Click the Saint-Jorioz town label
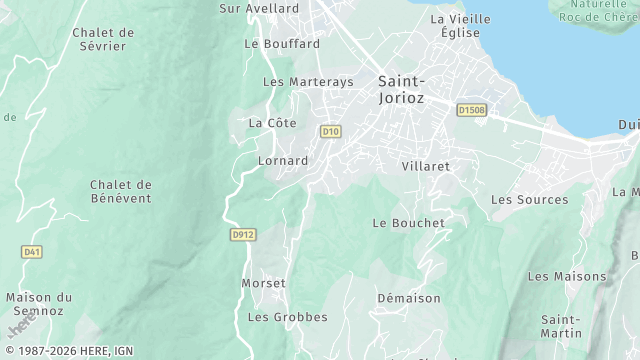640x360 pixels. tap(402, 90)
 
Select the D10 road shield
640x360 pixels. tap(331, 131)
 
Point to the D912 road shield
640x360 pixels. tap(242, 235)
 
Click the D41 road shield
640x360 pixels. tap(33, 252)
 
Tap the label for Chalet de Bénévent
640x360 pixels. tap(120, 191)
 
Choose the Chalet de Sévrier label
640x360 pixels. tap(103, 39)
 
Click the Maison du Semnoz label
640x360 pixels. tap(39, 304)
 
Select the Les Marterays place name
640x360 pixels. tap(308, 82)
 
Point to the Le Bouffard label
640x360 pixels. tap(282, 44)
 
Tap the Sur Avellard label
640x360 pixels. tap(259, 8)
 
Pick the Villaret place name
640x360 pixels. tap(425, 166)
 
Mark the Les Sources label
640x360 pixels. tap(529, 200)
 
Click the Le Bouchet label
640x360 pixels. tap(408, 223)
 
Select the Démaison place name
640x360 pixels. tap(408, 298)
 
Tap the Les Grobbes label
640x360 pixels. tap(287, 317)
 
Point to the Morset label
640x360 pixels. tap(263, 283)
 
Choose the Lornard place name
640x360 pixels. tap(283, 160)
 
